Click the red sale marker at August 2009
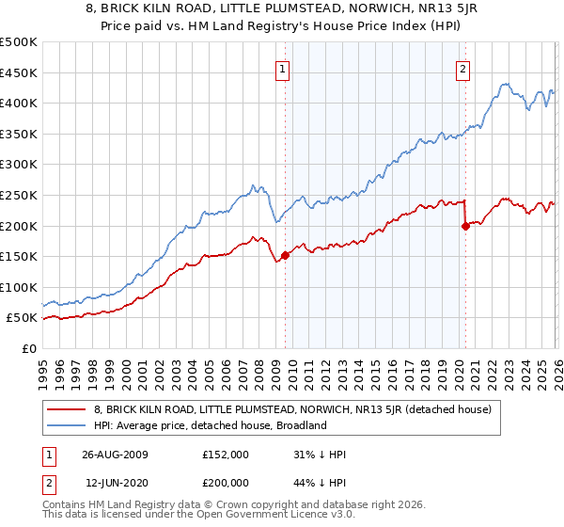coord(285,255)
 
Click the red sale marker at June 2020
coord(465,226)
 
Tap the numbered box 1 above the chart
coord(283,67)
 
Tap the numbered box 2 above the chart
coord(463,67)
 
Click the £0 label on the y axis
coord(28,348)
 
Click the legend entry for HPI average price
coord(209,425)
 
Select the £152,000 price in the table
coord(225,455)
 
